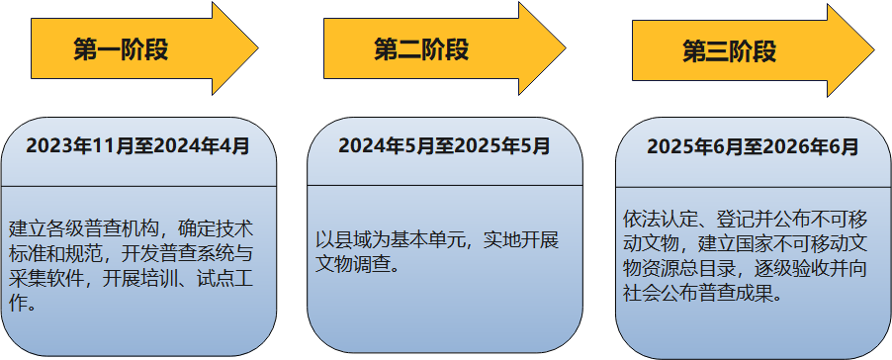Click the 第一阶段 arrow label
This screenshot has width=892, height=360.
coord(121,49)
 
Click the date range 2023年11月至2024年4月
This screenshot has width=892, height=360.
coord(137,146)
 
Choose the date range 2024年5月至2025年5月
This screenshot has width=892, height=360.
coord(444,146)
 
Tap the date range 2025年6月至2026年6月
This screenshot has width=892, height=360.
coord(753,147)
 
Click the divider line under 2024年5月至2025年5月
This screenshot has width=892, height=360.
coord(444,185)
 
